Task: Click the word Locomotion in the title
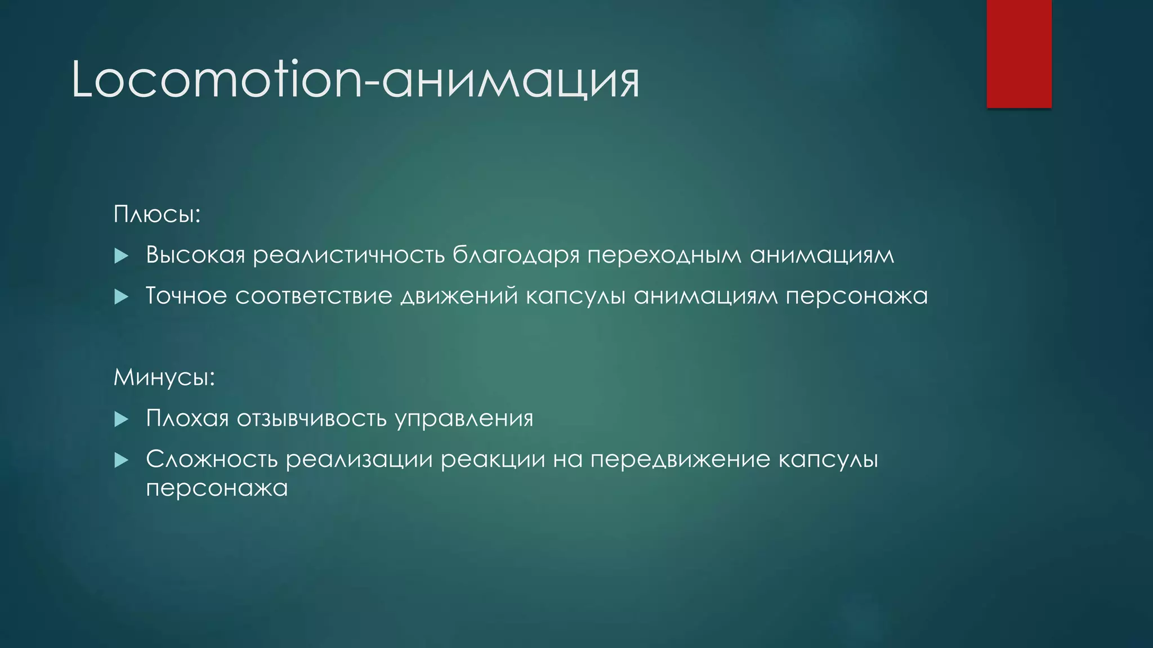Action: tap(217, 80)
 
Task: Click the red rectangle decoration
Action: tap(1019, 54)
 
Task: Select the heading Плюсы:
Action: tap(157, 214)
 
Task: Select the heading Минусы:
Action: tap(164, 377)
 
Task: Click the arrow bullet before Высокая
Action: tap(121, 256)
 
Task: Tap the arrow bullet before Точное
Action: tap(121, 296)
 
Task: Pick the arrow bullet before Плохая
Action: tap(121, 419)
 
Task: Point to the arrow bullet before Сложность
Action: tap(121, 461)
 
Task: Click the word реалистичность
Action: tap(349, 255)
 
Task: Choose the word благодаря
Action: tap(516, 255)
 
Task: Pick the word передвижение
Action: tap(680, 460)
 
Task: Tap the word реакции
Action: tap(493, 460)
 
